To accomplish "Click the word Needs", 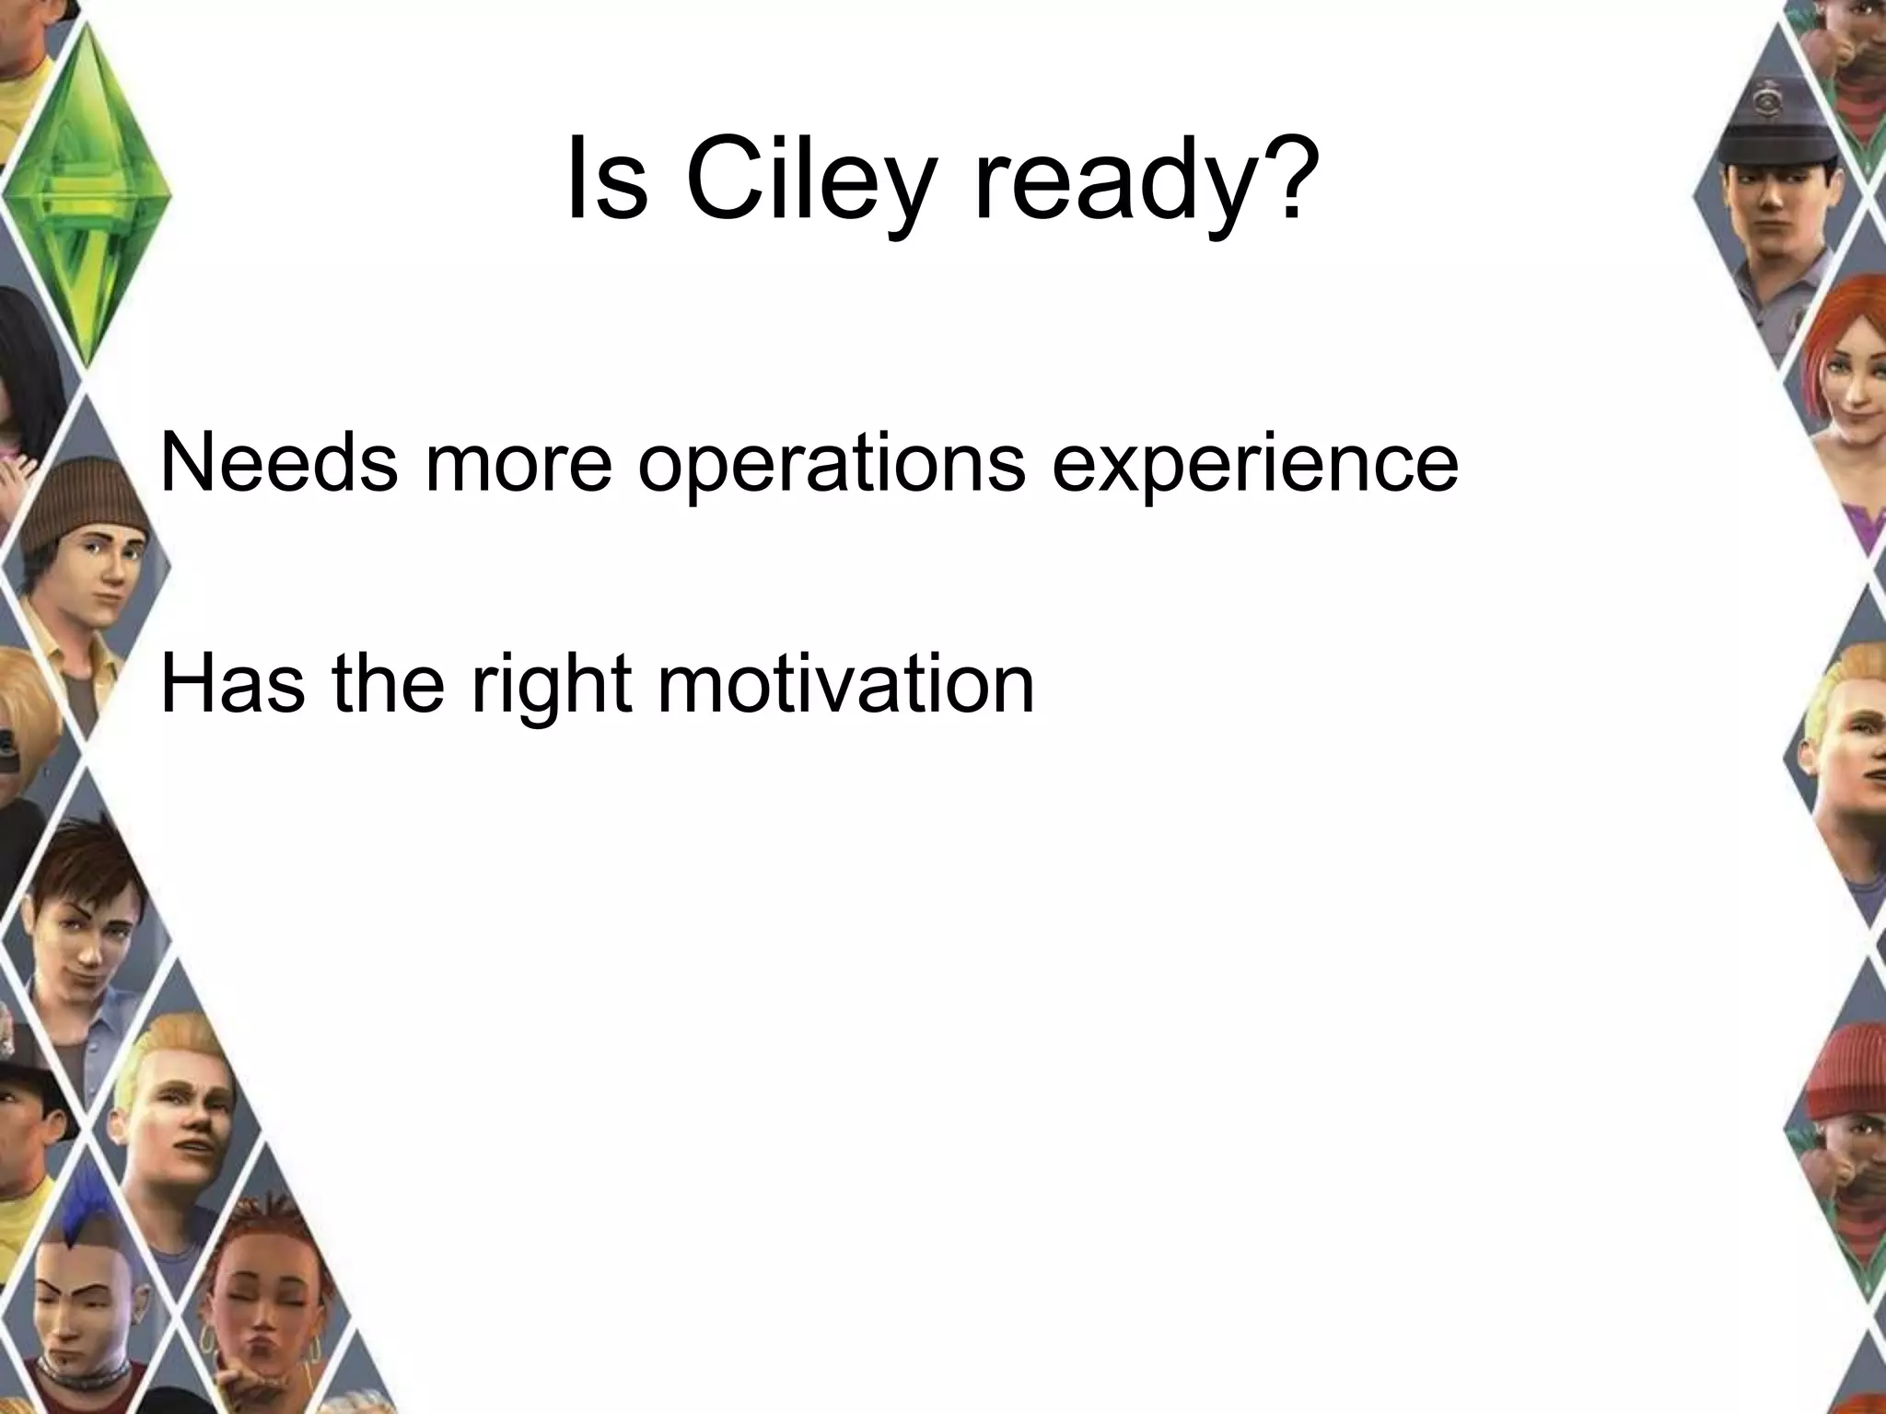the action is click(x=279, y=463).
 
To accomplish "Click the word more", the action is click(x=518, y=465).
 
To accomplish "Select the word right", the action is click(x=552, y=686).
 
